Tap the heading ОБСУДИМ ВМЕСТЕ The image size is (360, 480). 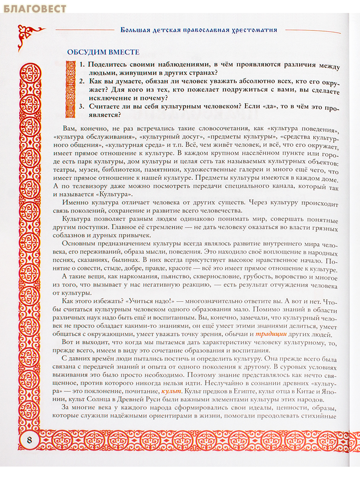(103, 52)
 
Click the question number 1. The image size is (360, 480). (82, 65)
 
